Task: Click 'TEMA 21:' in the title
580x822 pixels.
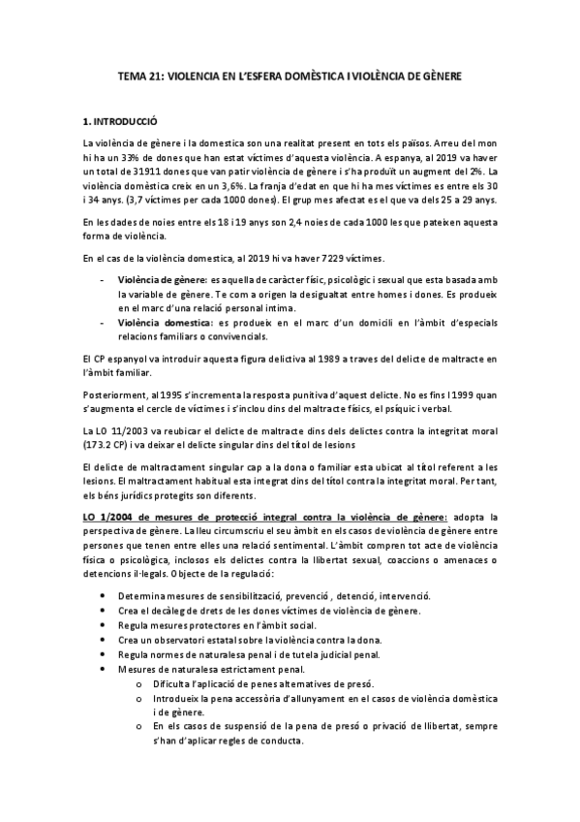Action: pyautogui.click(x=137, y=75)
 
